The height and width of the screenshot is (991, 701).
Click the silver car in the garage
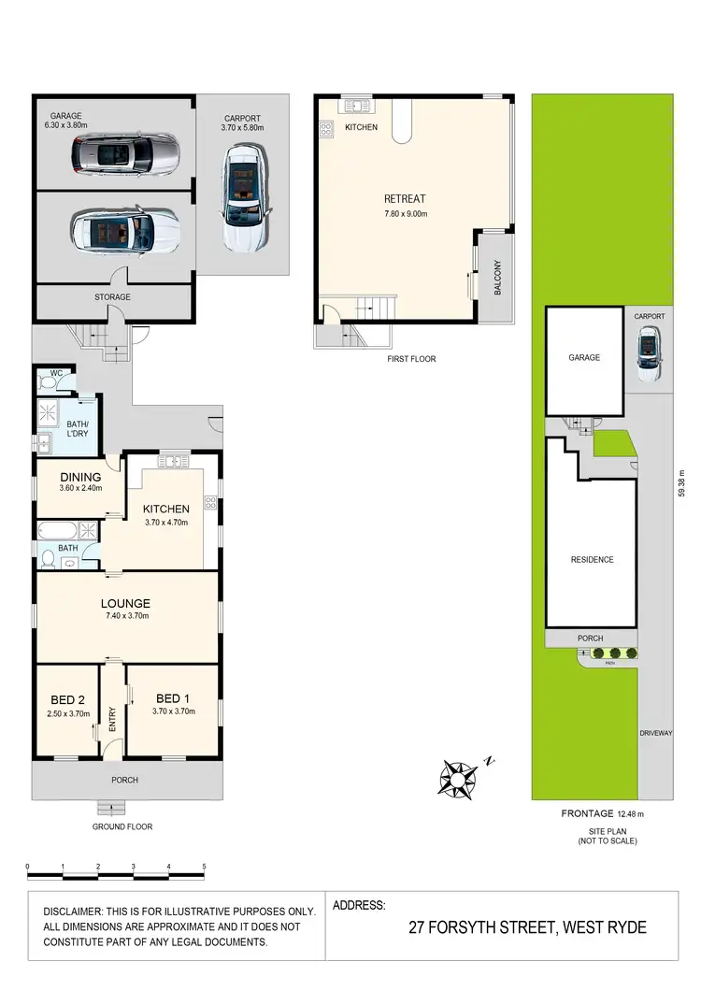point(125,153)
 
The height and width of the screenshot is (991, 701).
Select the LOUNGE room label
point(127,603)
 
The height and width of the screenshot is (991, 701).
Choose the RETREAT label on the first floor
point(405,198)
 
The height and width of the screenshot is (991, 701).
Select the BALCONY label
point(498,278)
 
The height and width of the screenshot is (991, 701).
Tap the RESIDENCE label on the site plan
point(593,560)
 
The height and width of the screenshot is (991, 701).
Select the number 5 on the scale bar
point(204,867)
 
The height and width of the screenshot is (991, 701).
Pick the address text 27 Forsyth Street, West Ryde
point(527,928)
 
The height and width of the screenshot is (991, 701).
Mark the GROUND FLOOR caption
point(122,826)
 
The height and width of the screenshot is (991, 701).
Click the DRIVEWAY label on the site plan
point(656,733)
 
